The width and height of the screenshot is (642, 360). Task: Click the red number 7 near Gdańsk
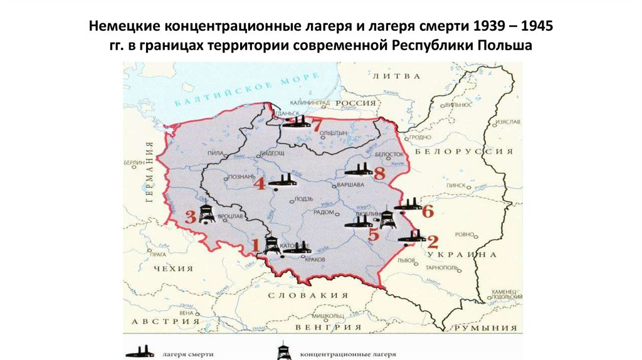(x=317, y=125)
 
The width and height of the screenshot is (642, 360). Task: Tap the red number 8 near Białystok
(x=379, y=173)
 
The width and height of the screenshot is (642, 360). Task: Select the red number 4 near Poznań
(x=260, y=184)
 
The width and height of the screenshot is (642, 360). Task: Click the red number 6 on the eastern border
(x=428, y=211)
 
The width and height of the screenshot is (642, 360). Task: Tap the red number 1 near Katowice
(x=255, y=243)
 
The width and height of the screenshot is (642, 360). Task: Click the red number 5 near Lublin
(x=374, y=235)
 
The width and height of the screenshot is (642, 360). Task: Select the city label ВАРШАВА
(x=350, y=186)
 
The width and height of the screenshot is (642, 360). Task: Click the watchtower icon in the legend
(x=284, y=351)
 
